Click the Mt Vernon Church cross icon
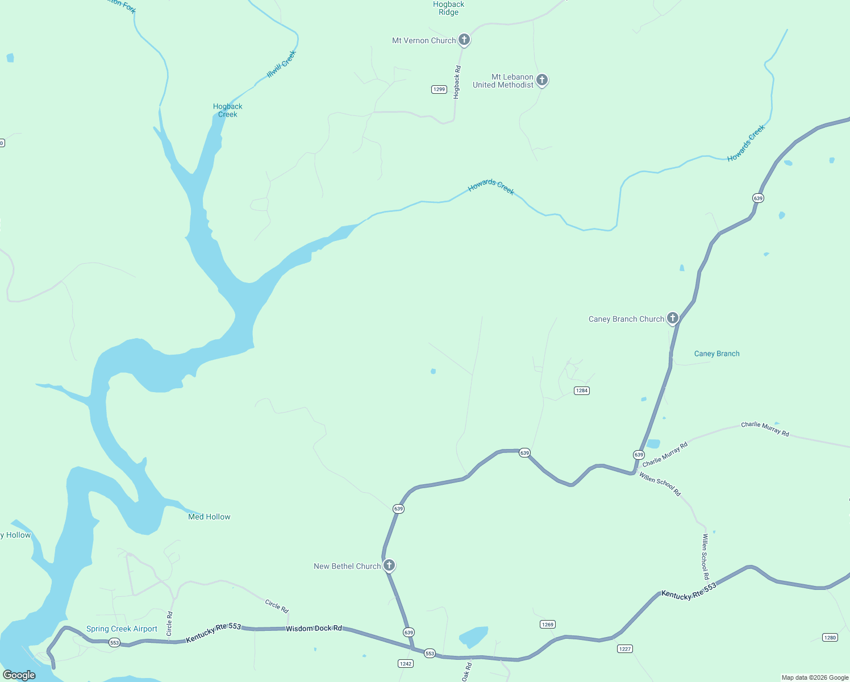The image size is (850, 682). [x=464, y=40]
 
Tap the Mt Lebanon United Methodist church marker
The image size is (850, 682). [x=542, y=80]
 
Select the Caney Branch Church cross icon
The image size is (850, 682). [x=673, y=318]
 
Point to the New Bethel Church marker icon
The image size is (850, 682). [x=389, y=565]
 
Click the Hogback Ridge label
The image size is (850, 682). [x=448, y=9]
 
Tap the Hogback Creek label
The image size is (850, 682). [x=227, y=110]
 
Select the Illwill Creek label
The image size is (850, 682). [x=282, y=64]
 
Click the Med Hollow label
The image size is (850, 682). [x=209, y=517]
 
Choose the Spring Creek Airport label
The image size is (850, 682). [x=122, y=629]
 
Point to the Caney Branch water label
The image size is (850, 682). [x=716, y=354]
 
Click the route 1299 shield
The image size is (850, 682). [x=439, y=89]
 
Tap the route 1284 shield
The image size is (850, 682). [x=581, y=390]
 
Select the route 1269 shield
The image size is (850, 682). [x=547, y=624]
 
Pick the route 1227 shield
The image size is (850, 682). [x=624, y=648]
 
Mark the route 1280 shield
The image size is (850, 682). [x=830, y=637]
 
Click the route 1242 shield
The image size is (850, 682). [x=405, y=663]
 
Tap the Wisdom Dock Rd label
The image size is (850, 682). [x=314, y=628]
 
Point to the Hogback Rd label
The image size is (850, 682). [x=457, y=82]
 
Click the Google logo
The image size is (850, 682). [x=19, y=675]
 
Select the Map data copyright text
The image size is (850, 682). [x=815, y=677]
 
